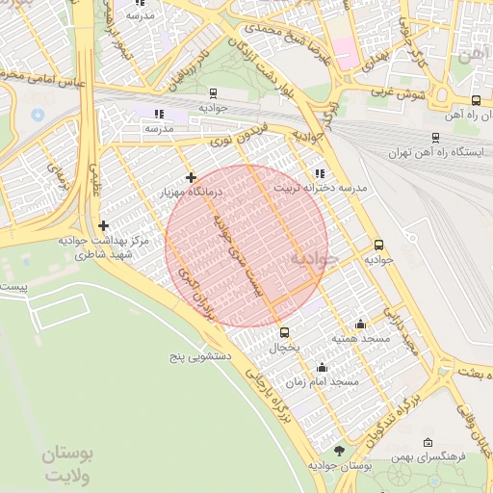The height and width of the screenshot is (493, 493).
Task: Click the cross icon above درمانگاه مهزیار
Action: point(192,177)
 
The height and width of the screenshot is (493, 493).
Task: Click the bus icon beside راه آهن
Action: point(476,100)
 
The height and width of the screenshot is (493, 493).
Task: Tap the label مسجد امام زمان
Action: point(330,382)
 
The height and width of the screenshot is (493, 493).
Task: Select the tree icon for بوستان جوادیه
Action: point(338,451)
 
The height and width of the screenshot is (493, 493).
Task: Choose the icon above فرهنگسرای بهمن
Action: point(429,439)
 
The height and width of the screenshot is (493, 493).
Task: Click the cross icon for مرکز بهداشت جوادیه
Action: point(103,225)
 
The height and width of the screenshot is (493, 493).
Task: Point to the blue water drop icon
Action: point(38,114)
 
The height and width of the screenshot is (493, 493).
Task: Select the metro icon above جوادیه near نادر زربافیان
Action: point(212,93)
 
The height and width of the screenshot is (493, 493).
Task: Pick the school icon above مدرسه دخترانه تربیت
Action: point(320,173)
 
